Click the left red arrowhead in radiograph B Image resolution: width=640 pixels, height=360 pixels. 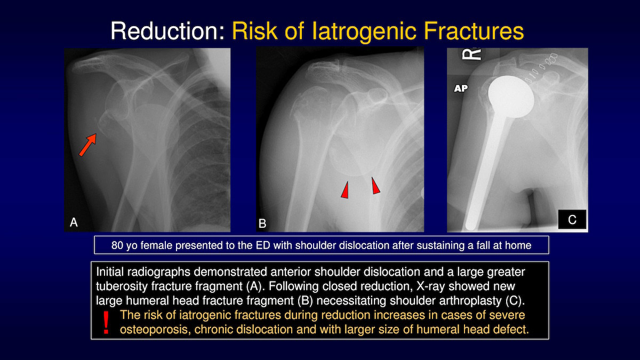pos(345,190)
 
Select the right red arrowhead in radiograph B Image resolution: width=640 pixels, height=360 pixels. pos(375,186)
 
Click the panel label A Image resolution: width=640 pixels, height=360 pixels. pos(74,222)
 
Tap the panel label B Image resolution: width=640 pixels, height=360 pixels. pos(262,223)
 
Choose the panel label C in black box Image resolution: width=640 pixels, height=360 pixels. pos(572,219)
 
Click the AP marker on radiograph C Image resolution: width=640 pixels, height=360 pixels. pos(461,89)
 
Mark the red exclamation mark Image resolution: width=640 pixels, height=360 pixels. pos(106,322)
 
